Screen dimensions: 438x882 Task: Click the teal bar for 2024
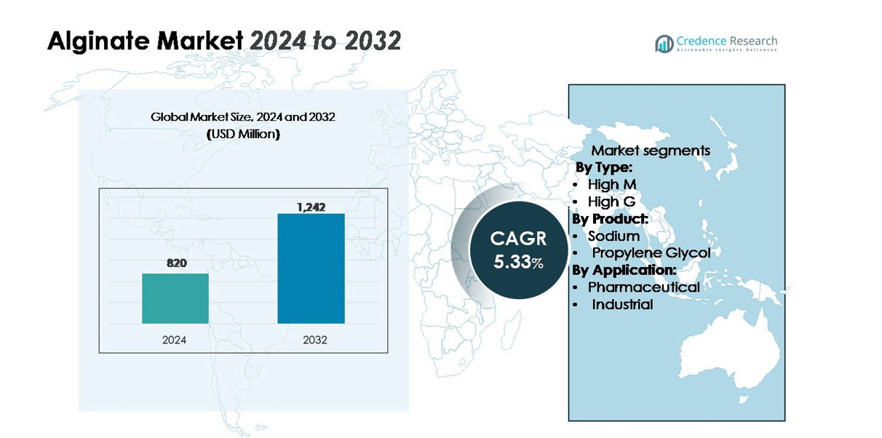click(175, 298)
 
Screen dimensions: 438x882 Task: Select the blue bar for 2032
click(311, 268)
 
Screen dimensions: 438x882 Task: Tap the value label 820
click(176, 263)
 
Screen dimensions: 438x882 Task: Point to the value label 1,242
click(311, 207)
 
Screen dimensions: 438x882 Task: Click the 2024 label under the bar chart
click(175, 339)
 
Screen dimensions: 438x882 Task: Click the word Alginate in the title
click(95, 41)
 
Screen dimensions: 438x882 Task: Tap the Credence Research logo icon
click(664, 44)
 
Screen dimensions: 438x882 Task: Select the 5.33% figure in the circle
click(518, 262)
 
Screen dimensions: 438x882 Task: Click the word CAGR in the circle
click(518, 239)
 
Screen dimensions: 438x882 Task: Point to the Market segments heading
click(651, 151)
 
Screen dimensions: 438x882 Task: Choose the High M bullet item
click(612, 185)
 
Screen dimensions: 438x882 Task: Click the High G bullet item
click(611, 202)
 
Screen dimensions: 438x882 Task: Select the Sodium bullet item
click(613, 236)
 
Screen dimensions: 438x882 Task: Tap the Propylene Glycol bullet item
click(651, 252)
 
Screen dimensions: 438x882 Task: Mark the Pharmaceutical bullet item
click(643, 287)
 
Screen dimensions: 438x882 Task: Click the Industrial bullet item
click(622, 304)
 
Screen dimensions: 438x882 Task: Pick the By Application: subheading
click(624, 270)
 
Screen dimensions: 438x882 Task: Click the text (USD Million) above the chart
click(243, 135)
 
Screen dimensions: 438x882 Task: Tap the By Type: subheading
click(604, 168)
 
